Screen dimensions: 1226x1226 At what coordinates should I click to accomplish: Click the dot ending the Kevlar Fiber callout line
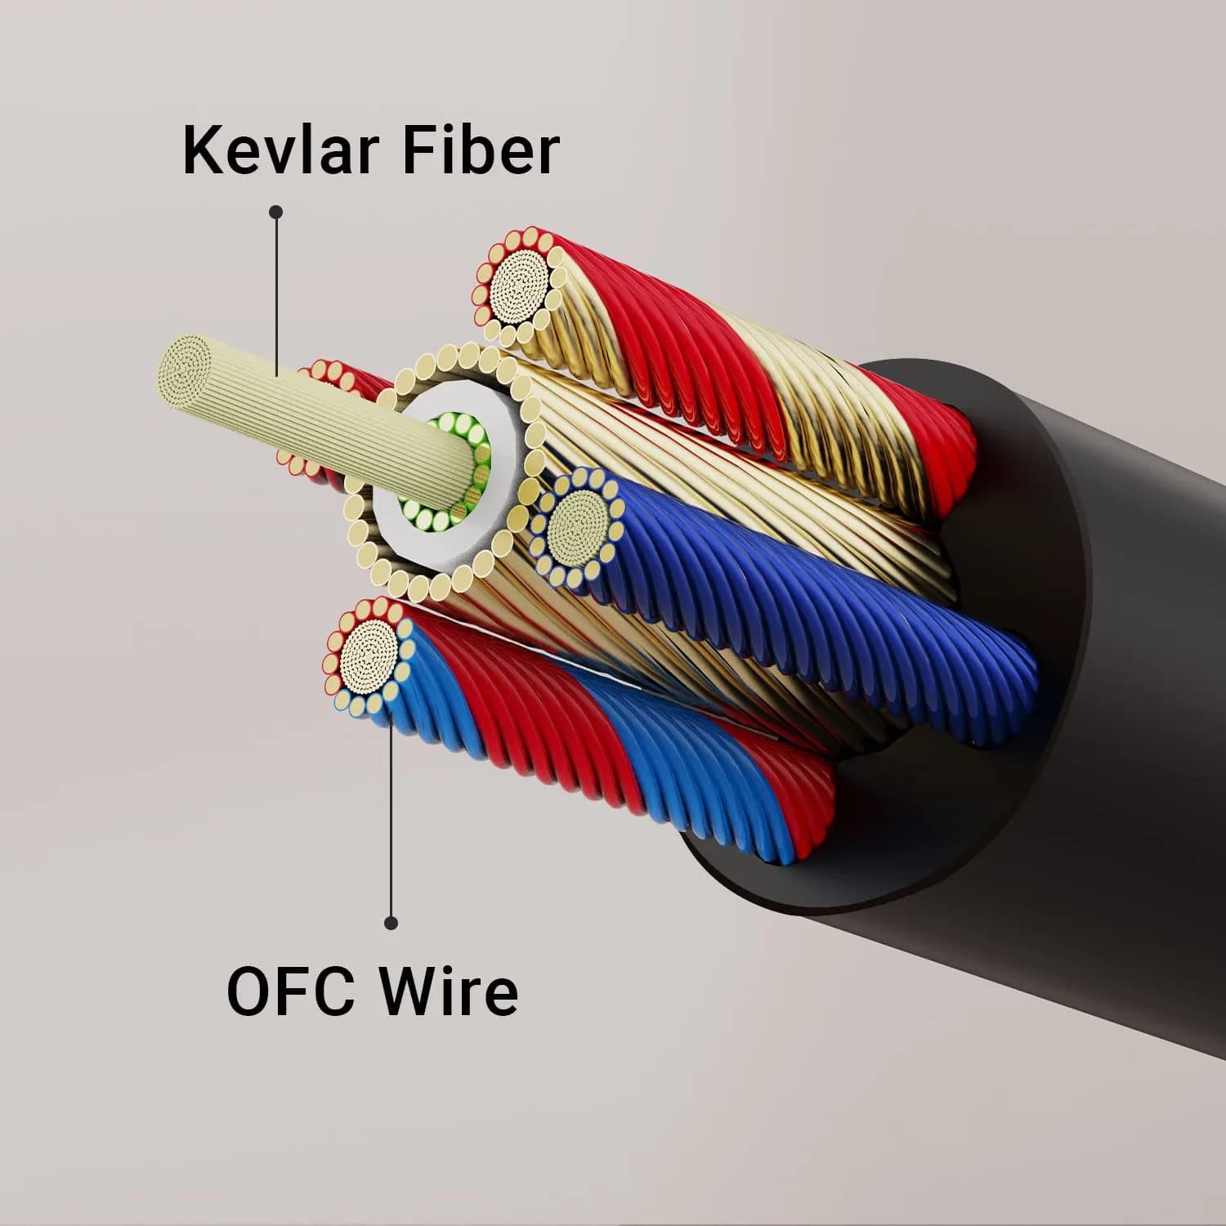pos(276,212)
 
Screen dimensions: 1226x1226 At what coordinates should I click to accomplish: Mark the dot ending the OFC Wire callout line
pos(392,923)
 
